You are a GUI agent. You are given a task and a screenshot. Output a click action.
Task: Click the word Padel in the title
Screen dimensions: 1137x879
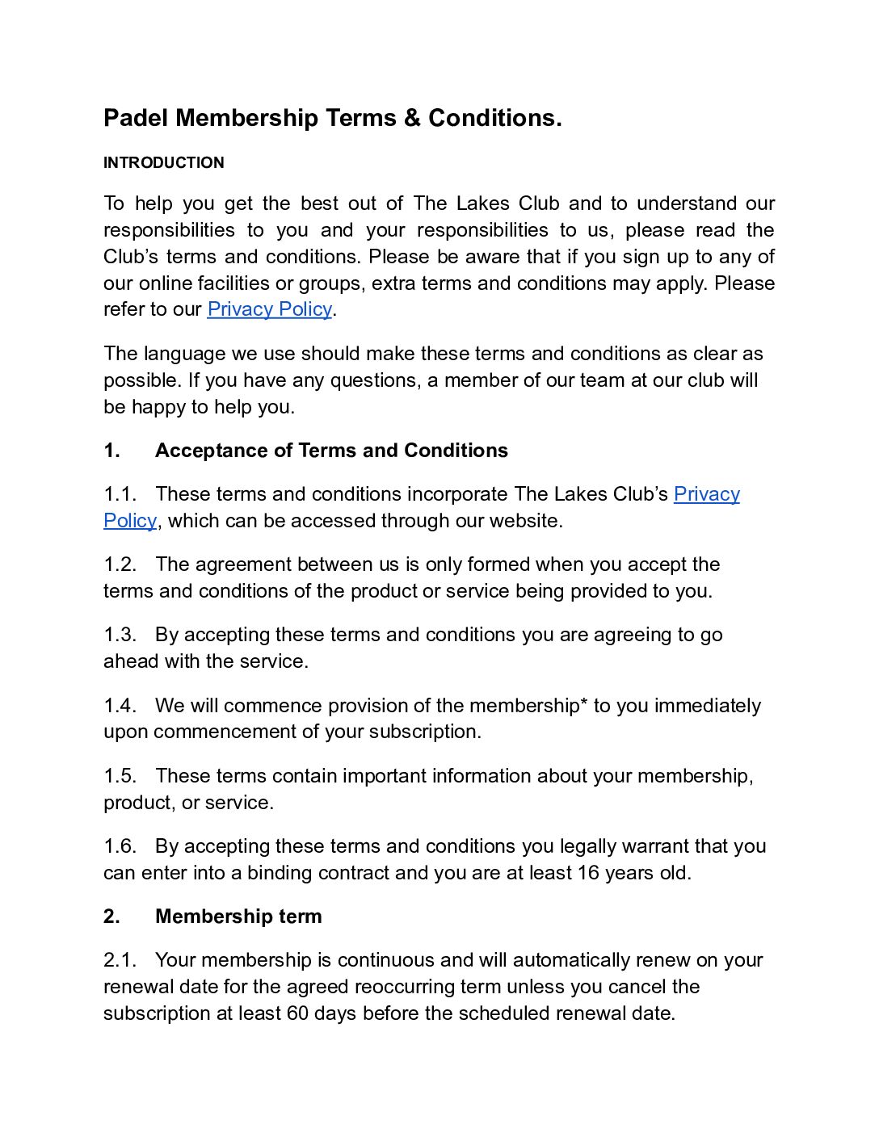coord(136,118)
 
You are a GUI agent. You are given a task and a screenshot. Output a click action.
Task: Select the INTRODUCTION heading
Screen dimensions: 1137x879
coord(164,162)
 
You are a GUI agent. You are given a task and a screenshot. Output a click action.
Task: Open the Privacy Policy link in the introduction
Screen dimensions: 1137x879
coord(269,309)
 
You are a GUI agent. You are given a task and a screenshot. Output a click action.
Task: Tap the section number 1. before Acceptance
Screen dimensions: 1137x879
coord(111,451)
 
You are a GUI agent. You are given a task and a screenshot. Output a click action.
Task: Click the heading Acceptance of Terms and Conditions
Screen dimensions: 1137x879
coord(331,451)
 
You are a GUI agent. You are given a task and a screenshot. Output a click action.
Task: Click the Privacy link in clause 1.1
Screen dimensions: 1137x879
coord(706,494)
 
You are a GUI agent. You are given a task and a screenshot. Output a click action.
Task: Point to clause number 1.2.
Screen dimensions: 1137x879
coord(120,564)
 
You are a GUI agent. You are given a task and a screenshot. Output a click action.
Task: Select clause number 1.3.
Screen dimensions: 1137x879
coord(120,635)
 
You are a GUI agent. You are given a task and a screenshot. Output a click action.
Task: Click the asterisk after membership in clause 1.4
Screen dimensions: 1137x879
coord(584,703)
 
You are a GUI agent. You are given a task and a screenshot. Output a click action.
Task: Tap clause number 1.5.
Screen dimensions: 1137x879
coord(120,776)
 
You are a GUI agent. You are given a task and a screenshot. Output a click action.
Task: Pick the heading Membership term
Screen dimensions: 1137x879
coord(238,917)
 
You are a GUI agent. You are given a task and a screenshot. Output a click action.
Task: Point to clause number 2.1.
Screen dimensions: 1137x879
coord(119,960)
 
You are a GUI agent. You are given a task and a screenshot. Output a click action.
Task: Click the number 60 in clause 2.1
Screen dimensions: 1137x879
coord(297,1013)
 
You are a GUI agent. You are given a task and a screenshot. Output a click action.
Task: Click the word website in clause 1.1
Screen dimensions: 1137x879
coord(526,521)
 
